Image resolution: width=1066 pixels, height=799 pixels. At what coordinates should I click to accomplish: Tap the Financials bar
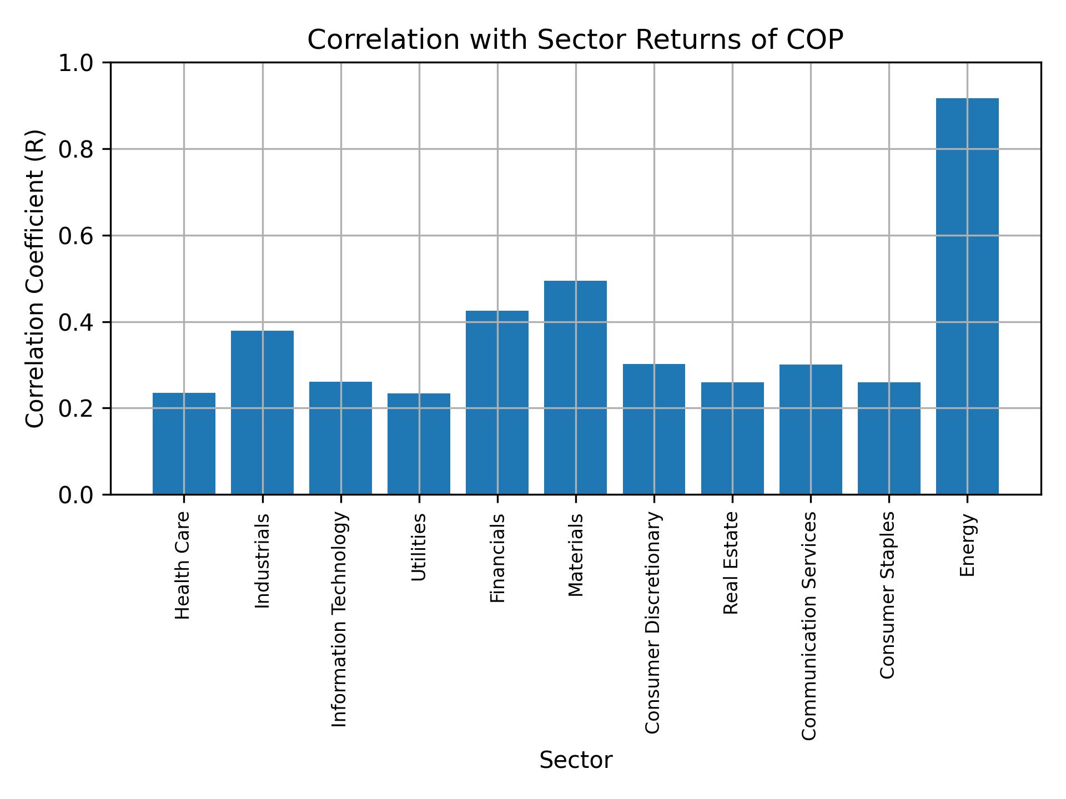coord(497,402)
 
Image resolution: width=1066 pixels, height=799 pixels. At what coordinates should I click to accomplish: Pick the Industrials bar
coord(262,412)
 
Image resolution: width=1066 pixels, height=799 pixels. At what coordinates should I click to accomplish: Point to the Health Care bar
coord(184,443)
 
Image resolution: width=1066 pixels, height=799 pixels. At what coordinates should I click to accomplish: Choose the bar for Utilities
coord(419,443)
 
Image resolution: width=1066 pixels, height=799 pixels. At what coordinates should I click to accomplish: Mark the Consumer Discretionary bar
coord(653,429)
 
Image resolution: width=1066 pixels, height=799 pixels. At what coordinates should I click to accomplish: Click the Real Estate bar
coord(732,438)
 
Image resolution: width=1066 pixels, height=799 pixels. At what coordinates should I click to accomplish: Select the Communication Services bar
coord(810,429)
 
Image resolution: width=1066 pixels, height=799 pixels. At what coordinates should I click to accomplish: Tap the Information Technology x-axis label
coord(340,619)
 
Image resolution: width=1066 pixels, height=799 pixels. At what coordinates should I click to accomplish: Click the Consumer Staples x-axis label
coord(888,595)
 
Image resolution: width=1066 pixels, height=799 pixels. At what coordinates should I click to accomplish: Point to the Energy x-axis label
coord(967,545)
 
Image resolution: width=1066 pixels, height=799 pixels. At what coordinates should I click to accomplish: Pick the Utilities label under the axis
coord(419,547)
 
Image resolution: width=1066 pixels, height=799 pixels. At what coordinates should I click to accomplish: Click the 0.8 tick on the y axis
coord(78,149)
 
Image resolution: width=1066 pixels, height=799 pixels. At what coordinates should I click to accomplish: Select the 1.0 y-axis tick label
coord(78,63)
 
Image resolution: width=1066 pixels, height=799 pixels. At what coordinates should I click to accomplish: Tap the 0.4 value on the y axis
coord(78,322)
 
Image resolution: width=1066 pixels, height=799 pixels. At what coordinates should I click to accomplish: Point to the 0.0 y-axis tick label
coord(78,495)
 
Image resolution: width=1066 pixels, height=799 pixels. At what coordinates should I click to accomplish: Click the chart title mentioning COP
coord(575,40)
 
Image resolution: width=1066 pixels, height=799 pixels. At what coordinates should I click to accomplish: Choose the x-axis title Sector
coord(575,760)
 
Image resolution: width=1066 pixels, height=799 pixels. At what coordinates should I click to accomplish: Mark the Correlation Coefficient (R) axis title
coord(35,279)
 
